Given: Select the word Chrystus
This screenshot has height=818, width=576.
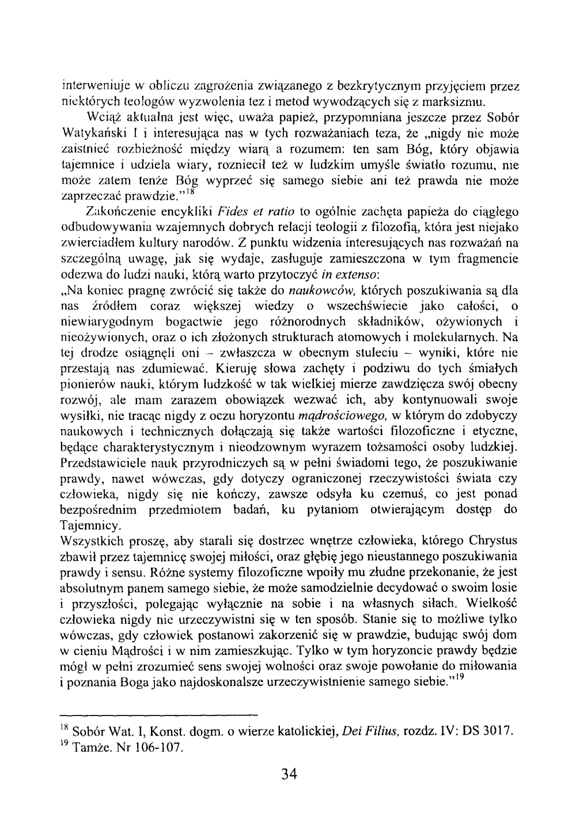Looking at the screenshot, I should point(490,541).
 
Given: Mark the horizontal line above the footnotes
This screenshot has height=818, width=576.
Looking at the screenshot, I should point(158,713).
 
